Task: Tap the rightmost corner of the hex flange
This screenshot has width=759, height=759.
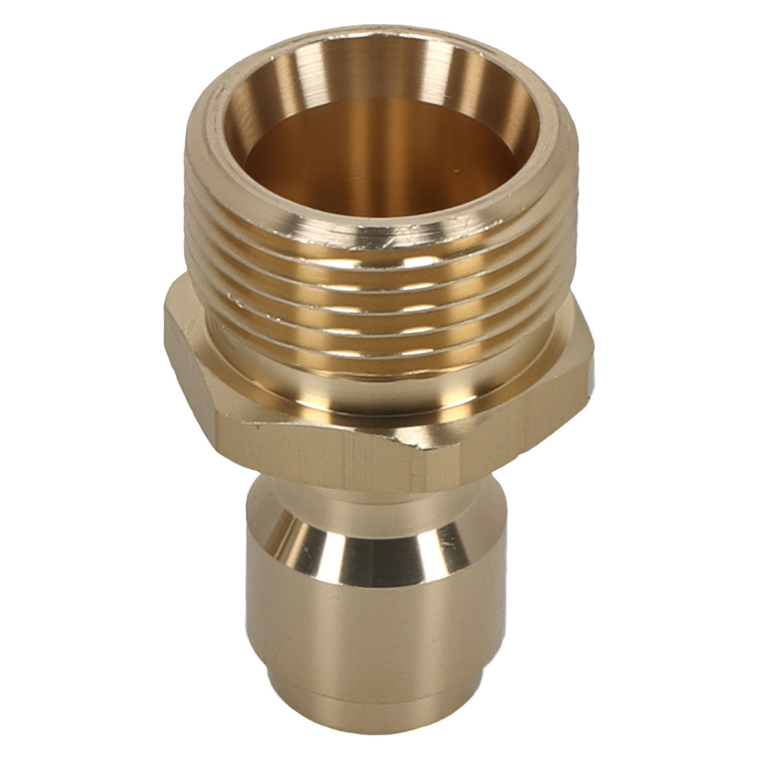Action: pos(591,364)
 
